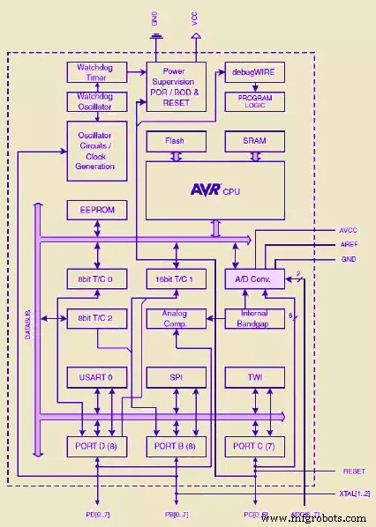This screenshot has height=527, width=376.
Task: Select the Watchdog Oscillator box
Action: [97, 102]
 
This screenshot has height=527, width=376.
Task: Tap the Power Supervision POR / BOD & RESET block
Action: [176, 85]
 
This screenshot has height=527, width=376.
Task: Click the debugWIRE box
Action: [254, 71]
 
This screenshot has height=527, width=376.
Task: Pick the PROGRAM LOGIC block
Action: [254, 101]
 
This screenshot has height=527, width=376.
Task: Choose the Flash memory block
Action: [176, 141]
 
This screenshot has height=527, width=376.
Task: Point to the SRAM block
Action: [254, 141]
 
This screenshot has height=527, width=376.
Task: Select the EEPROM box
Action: [97, 211]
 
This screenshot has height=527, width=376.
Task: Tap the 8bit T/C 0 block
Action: [97, 279]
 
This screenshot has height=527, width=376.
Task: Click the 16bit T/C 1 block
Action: [176, 279]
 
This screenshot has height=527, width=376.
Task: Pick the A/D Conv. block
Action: [254, 279]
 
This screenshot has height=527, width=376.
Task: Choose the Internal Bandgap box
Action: [254, 318]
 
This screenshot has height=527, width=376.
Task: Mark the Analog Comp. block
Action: [176, 318]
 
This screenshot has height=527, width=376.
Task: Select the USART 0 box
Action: [97, 377]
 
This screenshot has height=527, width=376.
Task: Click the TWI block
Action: [254, 377]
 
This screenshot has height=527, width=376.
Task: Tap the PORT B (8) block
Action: [176, 446]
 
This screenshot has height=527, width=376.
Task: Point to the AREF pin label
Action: [349, 244]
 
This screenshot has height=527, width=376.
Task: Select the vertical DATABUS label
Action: [27, 326]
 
